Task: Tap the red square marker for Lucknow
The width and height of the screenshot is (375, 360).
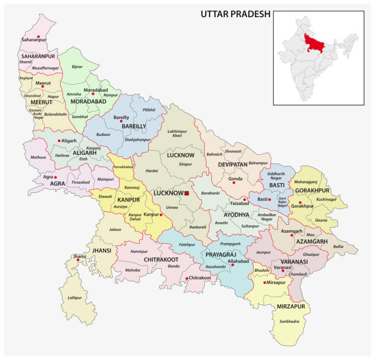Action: (x=187, y=193)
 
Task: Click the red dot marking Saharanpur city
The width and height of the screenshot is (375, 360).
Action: (x=39, y=38)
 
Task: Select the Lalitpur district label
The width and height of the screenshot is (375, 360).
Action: (x=74, y=298)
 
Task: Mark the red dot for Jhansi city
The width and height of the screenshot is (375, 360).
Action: (x=77, y=261)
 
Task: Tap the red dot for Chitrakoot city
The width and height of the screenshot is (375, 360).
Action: (x=186, y=279)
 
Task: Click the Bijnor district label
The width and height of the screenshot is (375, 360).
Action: (x=77, y=66)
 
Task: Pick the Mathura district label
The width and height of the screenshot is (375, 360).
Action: (x=38, y=157)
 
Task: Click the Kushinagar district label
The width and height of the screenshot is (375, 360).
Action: (x=327, y=200)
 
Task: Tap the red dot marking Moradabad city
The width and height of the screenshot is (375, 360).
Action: (x=93, y=94)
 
